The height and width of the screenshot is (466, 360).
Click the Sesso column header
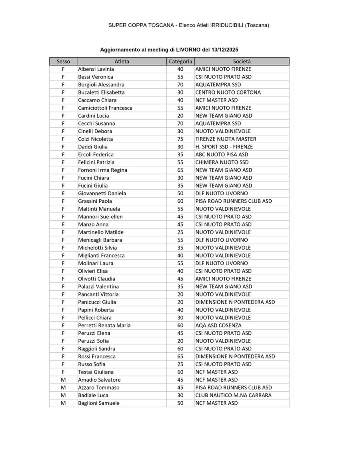(x=63, y=61)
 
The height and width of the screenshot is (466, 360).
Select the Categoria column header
(x=180, y=61)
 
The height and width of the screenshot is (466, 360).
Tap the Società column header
(x=242, y=61)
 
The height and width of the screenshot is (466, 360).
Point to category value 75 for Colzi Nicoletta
(x=180, y=139)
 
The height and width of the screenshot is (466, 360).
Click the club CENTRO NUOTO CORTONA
(x=228, y=92)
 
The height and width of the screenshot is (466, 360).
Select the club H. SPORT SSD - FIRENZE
(x=224, y=147)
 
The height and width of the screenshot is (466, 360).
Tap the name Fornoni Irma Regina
(x=102, y=170)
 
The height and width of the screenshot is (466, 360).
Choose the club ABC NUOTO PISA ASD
(x=222, y=154)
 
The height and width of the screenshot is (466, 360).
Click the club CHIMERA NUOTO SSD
(x=222, y=162)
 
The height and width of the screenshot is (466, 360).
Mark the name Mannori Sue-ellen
(x=100, y=217)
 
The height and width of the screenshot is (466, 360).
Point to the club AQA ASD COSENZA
(x=218, y=326)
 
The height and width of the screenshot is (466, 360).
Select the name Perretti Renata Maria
(x=104, y=326)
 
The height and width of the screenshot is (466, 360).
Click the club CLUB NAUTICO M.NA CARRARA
(x=233, y=395)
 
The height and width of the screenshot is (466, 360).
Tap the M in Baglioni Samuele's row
(x=63, y=403)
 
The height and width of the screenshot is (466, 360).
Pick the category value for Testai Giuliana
(x=180, y=372)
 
